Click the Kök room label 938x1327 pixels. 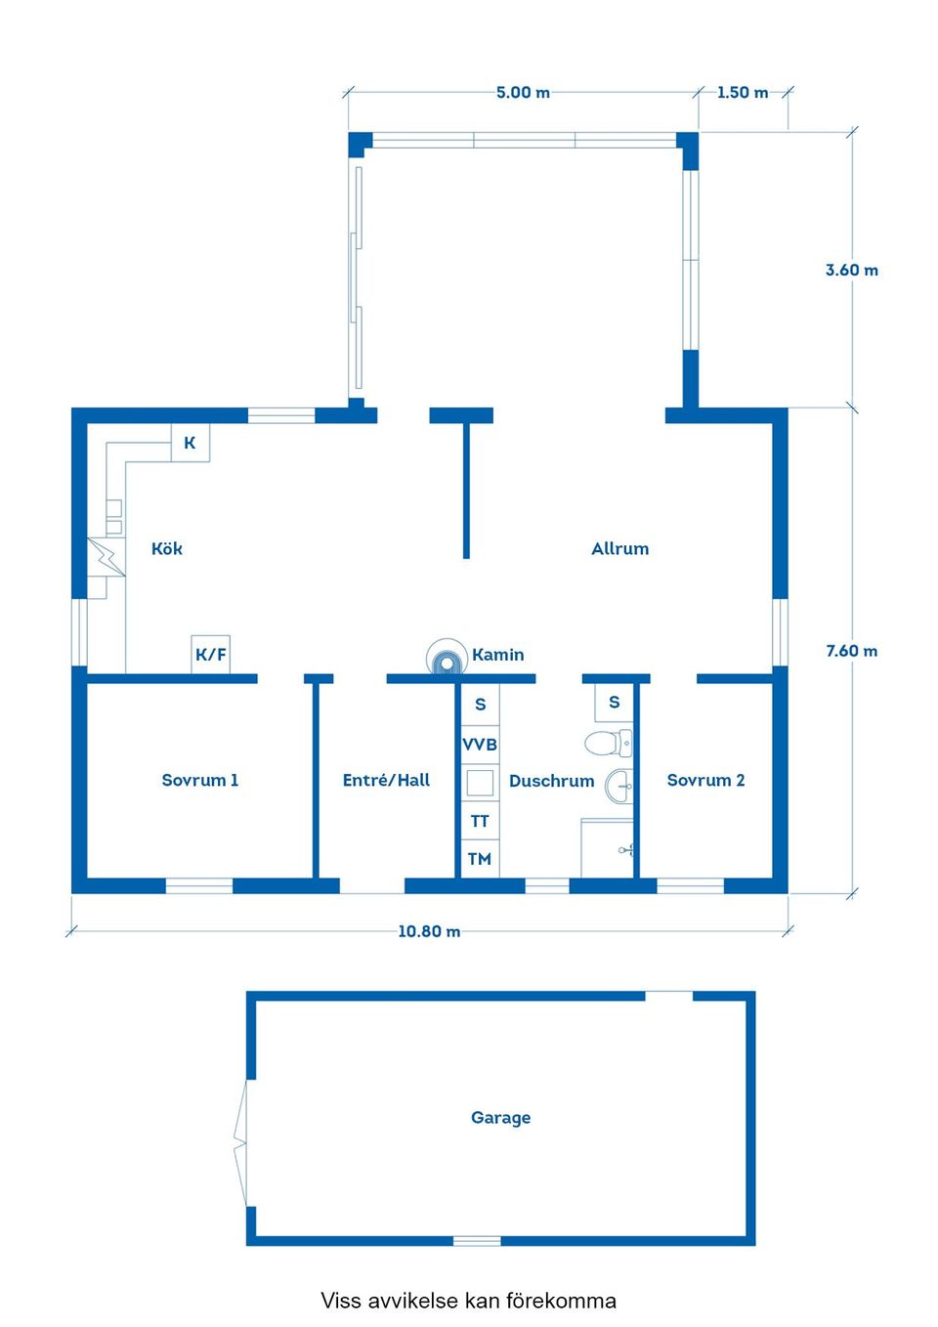(x=167, y=549)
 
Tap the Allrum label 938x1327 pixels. (x=619, y=549)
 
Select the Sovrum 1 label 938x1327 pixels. (x=199, y=780)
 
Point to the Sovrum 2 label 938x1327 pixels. (x=705, y=780)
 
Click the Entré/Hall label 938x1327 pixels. (x=386, y=780)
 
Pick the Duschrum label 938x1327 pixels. (x=551, y=781)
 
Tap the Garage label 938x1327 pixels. (x=500, y=1117)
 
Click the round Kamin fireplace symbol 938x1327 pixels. (x=447, y=662)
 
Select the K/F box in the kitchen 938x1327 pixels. (x=210, y=654)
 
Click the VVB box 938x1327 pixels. (x=480, y=745)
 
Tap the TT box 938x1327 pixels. (x=480, y=821)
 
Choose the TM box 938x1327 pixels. (x=480, y=859)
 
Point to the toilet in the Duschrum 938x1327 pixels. (x=608, y=744)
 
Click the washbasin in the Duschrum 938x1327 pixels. (x=619, y=785)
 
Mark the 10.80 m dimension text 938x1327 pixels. (x=429, y=931)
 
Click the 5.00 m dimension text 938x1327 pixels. (x=523, y=93)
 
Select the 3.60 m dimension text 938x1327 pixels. (x=851, y=271)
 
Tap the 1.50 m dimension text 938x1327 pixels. (x=742, y=93)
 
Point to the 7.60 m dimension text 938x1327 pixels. (x=851, y=651)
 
